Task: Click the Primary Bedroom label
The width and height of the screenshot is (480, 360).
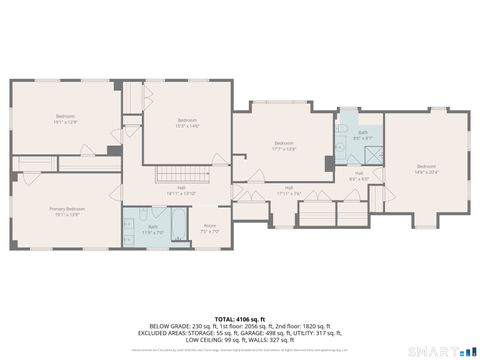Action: (x=68, y=211)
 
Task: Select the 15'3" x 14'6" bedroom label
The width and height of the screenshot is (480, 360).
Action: (x=187, y=123)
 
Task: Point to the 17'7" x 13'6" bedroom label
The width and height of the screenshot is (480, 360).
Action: (x=284, y=145)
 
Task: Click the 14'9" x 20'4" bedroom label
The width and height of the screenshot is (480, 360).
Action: (x=426, y=167)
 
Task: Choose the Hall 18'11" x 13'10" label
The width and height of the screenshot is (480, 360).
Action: (x=182, y=189)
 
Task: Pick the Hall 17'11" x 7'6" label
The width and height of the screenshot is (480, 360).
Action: (x=289, y=190)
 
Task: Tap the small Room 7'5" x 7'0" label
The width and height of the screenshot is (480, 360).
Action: (x=210, y=228)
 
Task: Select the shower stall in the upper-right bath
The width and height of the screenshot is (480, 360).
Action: (x=372, y=154)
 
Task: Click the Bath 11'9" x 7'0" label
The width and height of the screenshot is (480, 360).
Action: (x=153, y=229)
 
